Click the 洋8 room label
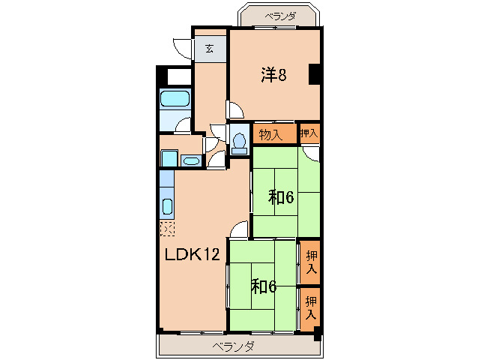(273, 75)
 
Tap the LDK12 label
(193, 254)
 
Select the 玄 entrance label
(209, 49)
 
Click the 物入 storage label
(270, 134)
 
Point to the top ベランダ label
(280, 16)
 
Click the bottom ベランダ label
(233, 346)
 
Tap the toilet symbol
(239, 143)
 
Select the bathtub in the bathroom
(175, 99)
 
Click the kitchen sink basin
(167, 206)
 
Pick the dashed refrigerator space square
(167, 229)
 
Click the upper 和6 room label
(281, 196)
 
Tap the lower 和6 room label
(264, 286)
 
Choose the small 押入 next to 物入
(309, 133)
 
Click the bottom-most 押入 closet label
(311, 307)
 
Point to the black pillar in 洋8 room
(314, 74)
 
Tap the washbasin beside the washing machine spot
(191, 160)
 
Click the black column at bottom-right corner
(318, 334)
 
